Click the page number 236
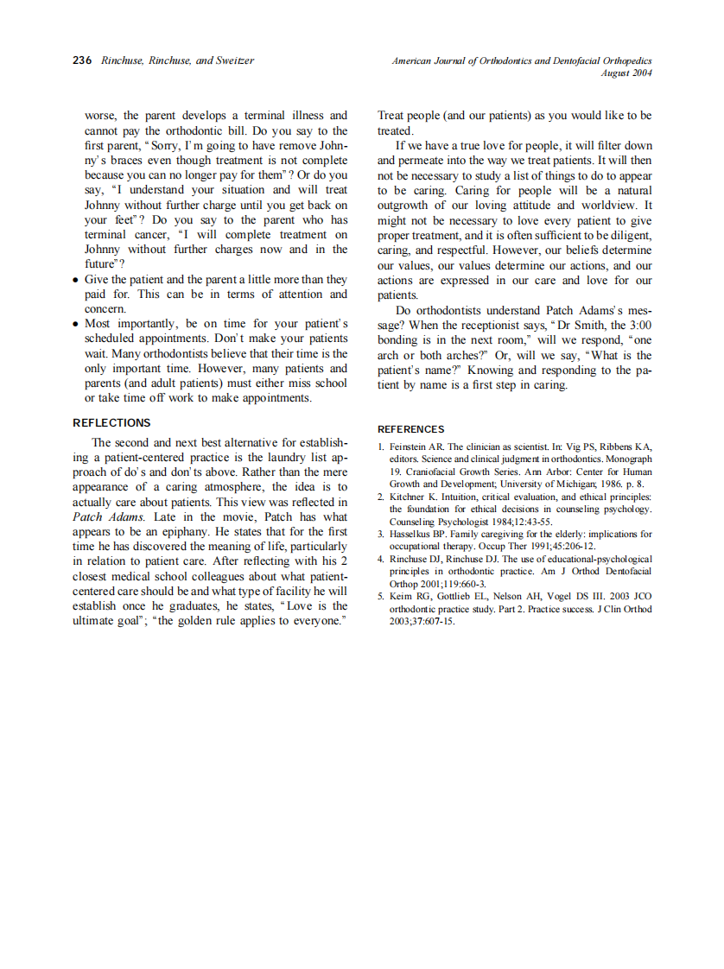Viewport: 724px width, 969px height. coord(82,60)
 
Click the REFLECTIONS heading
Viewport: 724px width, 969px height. coord(111,422)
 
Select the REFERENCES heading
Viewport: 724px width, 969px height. coord(411,429)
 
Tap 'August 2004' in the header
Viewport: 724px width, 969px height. coord(626,73)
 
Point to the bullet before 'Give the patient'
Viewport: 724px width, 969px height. coord(77,280)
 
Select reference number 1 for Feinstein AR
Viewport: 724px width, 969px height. coord(381,446)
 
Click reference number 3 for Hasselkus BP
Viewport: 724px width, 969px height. coord(381,535)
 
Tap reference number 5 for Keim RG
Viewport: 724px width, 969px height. coord(381,597)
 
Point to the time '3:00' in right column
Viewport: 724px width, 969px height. coord(638,325)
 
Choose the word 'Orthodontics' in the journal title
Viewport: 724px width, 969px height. coord(500,60)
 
